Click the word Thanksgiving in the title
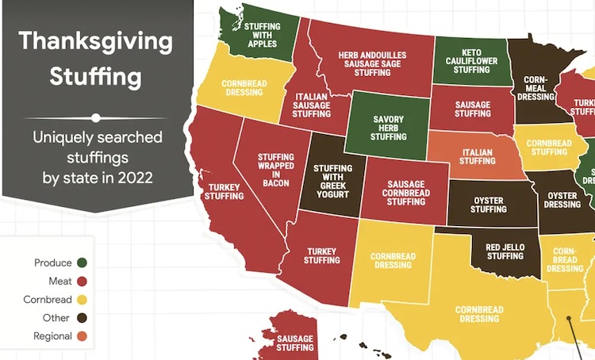coord(96,41)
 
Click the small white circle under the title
coord(96,117)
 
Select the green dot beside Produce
coord(83,262)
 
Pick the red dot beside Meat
coord(83,281)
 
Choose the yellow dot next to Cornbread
coord(83,300)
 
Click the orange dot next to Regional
coord(83,336)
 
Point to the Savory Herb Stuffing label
coord(389,126)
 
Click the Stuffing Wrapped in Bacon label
coord(274,170)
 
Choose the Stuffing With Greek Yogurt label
coord(332,180)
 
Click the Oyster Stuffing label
coord(488,205)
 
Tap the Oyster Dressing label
coord(562,199)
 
